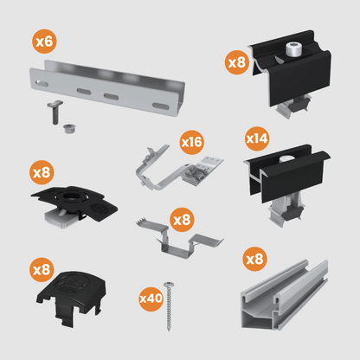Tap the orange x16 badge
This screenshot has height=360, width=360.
tap(190, 140)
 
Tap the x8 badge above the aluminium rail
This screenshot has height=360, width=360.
tap(254, 258)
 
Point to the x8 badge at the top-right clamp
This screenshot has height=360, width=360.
tap(236, 61)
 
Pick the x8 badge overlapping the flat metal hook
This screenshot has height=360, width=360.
tap(182, 220)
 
